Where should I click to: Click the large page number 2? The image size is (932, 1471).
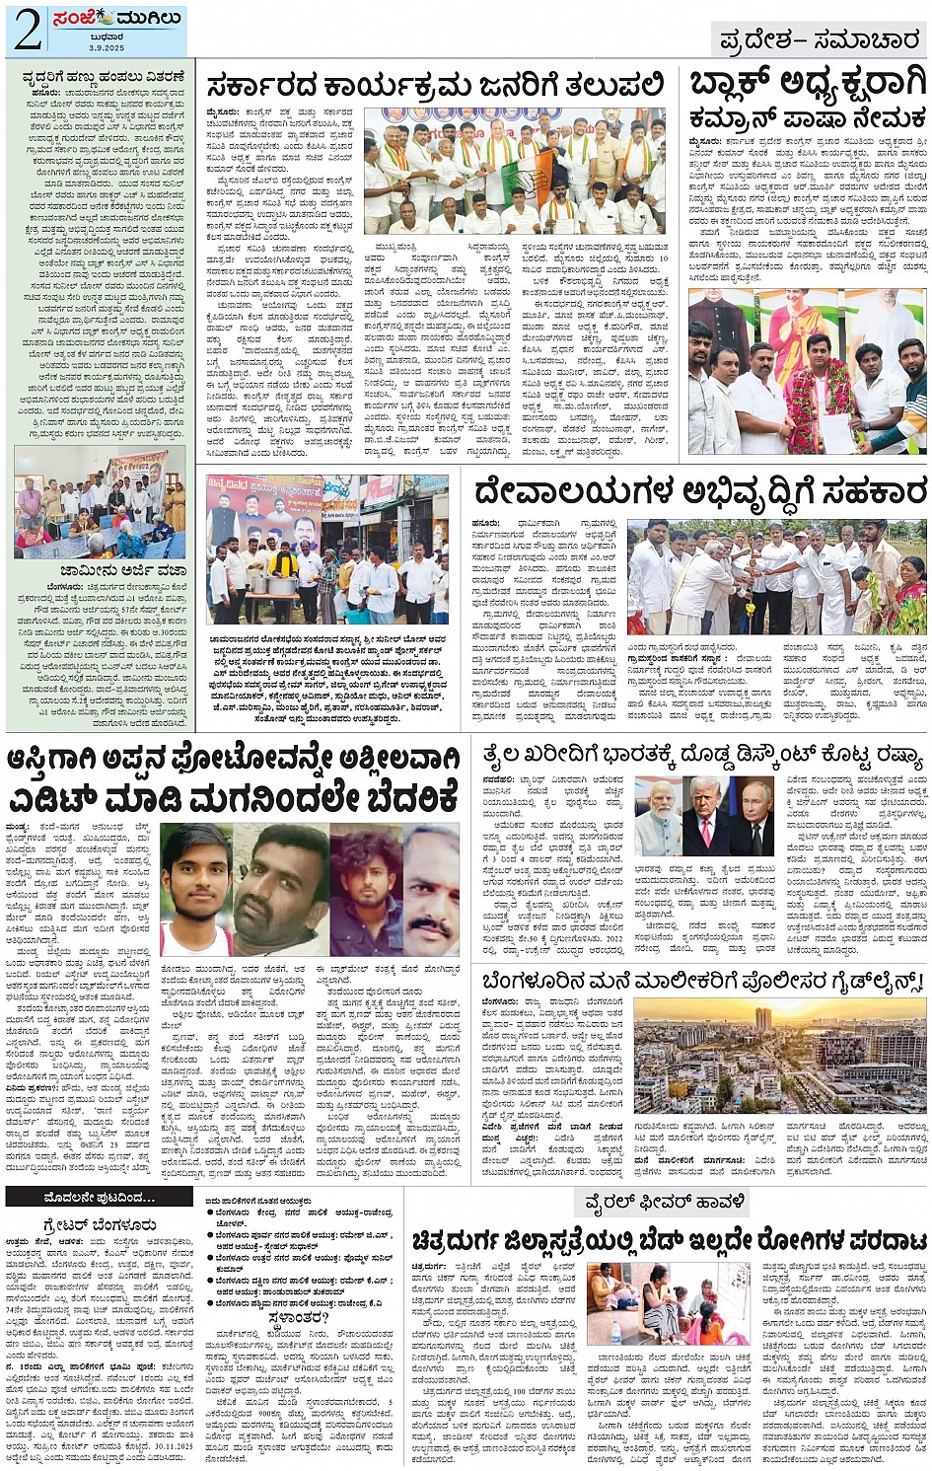pos(27,31)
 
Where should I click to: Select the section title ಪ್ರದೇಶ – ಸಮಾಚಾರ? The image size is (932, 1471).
pos(819,39)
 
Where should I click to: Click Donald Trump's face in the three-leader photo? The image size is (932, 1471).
pos(706,801)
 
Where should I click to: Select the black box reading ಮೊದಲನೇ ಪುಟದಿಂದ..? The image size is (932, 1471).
pos(99,1198)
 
